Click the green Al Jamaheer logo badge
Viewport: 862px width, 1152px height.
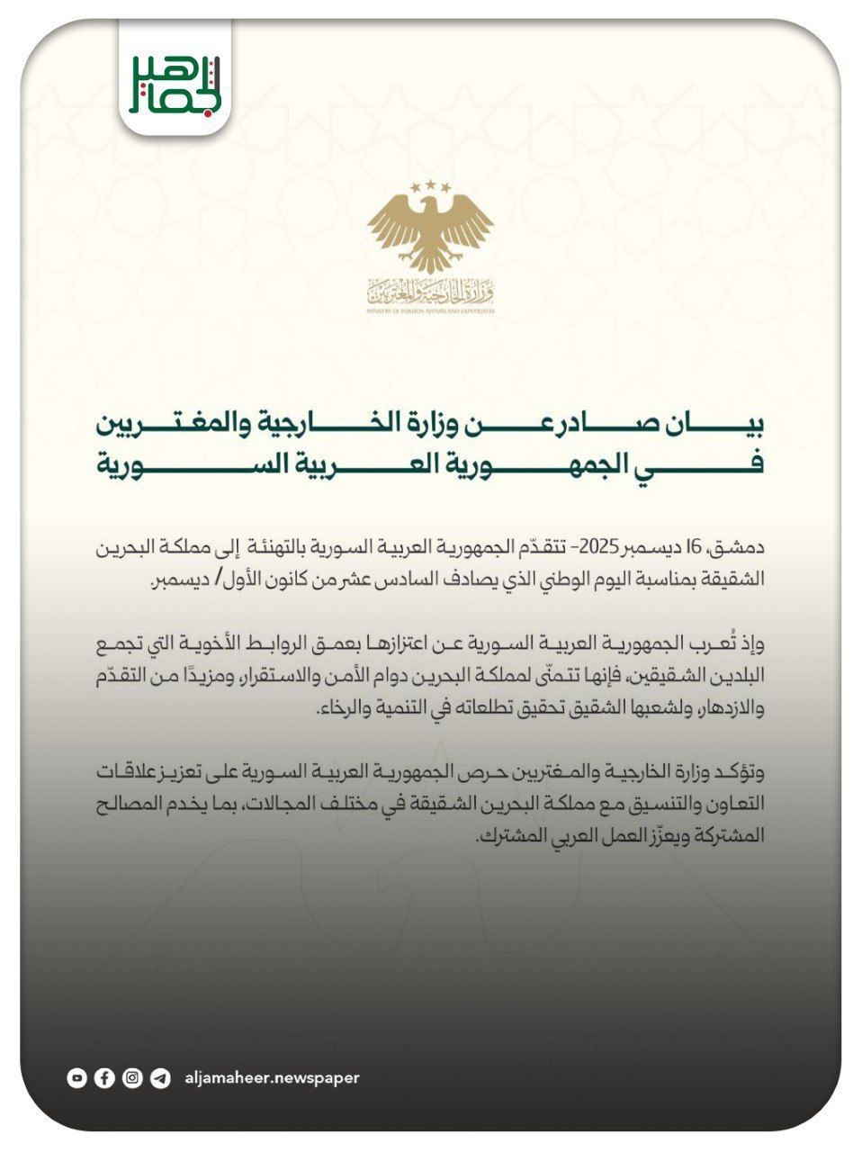tap(175, 82)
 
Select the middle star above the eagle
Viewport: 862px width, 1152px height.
tap(430, 184)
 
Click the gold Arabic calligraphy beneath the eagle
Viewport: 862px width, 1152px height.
tap(431, 292)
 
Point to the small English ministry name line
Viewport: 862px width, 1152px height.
tap(431, 310)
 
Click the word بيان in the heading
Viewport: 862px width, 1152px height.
tap(739, 424)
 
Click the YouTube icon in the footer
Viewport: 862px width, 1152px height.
tap(77, 1077)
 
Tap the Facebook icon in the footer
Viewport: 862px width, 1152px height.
tap(105, 1077)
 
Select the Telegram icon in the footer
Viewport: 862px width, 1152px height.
tap(160, 1077)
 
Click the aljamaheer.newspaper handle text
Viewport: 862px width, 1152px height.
tap(271, 1077)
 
